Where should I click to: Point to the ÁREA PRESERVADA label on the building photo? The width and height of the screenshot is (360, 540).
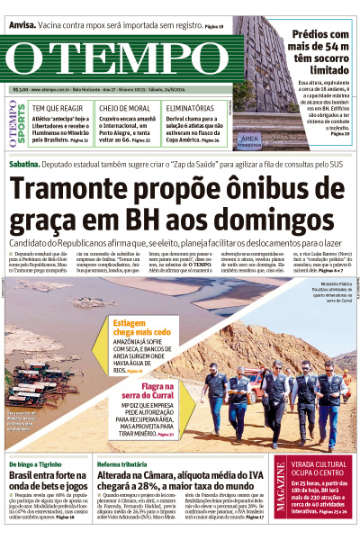point(251,138)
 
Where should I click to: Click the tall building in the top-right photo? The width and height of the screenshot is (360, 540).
point(257,81)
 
